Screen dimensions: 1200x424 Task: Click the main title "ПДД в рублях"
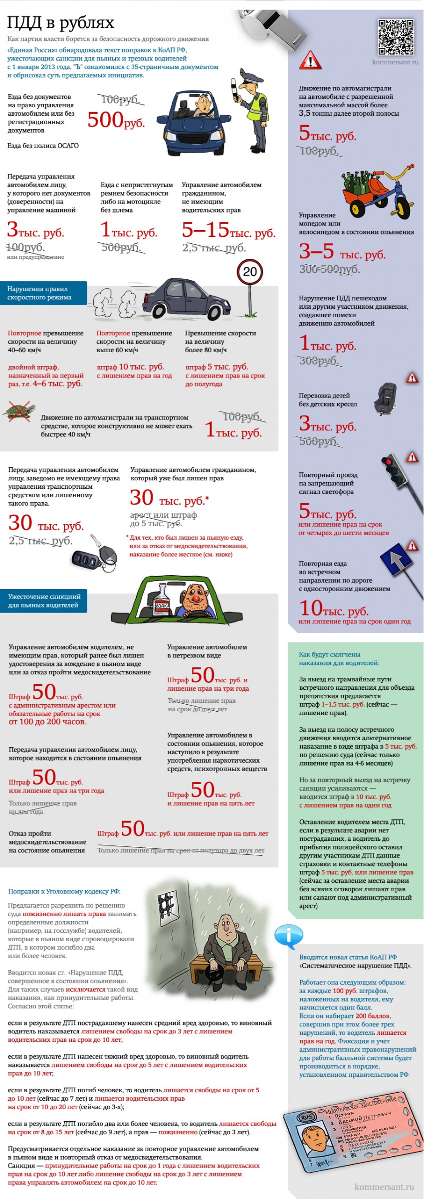point(60,23)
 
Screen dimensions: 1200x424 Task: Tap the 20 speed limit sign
point(249,272)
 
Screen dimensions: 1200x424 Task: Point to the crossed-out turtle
point(18,411)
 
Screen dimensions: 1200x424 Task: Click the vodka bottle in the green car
point(163,601)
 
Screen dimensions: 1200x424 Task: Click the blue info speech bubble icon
point(288,936)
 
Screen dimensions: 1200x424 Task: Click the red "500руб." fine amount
point(116,120)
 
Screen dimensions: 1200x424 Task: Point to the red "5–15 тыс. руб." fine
point(228,230)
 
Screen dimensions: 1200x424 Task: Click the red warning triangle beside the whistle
point(310,60)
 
